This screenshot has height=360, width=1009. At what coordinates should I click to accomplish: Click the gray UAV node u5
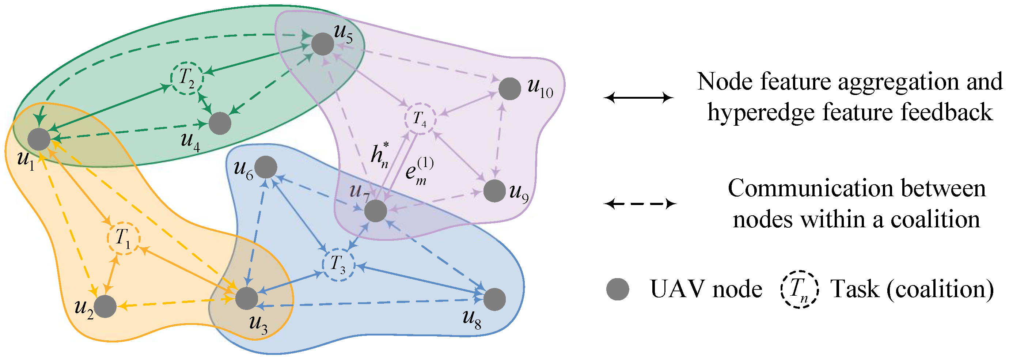(x=322, y=44)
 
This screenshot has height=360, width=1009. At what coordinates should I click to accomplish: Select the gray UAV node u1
(x=39, y=139)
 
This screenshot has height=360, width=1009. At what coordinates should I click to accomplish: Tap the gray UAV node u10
(x=509, y=88)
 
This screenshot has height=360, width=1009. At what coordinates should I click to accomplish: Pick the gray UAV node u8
(x=494, y=299)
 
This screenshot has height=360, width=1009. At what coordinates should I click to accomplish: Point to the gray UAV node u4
(x=220, y=124)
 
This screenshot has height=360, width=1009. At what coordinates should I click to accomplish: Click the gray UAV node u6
(x=266, y=167)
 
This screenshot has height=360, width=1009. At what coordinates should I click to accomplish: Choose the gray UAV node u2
(x=105, y=306)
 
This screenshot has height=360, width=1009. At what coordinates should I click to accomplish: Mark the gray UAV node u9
(x=494, y=191)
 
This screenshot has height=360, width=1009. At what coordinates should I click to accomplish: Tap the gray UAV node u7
(x=376, y=211)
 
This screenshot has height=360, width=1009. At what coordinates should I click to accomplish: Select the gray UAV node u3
(x=246, y=298)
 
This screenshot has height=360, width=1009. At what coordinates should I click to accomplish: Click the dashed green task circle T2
(x=187, y=78)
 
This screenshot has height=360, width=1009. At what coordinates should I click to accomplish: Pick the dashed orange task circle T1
(x=124, y=238)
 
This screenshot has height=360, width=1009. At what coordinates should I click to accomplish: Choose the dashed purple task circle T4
(x=420, y=119)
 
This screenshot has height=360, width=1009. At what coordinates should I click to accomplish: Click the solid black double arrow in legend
(x=638, y=97)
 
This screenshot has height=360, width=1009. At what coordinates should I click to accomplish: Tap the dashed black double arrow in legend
(x=640, y=204)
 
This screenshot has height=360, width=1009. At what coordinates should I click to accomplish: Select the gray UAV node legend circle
(x=617, y=289)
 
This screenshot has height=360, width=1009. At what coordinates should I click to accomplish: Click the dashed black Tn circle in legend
(x=800, y=289)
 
